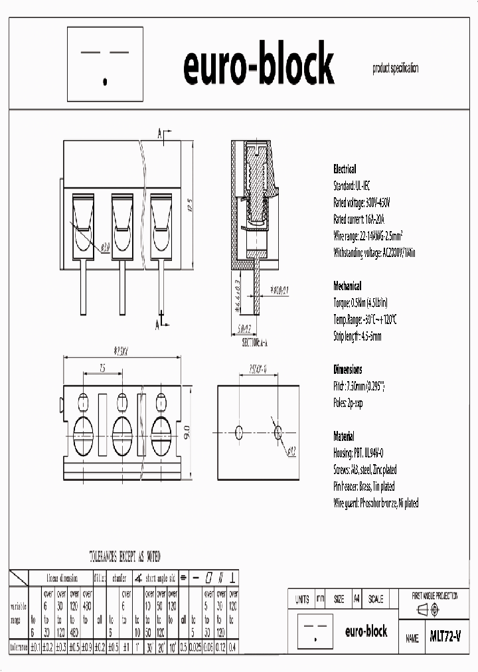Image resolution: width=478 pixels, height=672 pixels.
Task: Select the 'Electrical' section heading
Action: pyautogui.click(x=344, y=169)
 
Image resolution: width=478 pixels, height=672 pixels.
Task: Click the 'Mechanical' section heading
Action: pyautogui.click(x=347, y=286)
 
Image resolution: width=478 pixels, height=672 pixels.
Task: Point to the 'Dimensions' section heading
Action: pyautogui.click(x=347, y=370)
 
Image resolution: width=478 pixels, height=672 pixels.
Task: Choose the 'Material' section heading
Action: pyautogui.click(x=345, y=436)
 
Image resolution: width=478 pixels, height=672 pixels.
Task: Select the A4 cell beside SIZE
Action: pyautogui.click(x=357, y=599)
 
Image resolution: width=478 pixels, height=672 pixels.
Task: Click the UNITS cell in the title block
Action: pyautogui.click(x=301, y=599)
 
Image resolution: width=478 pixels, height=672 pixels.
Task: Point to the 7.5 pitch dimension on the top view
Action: pyautogui.click(x=102, y=367)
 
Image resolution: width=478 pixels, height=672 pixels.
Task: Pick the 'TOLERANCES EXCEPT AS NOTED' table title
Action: pyautogui.click(x=124, y=557)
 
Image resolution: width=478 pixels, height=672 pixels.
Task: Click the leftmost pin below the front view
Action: pyautogui.click(x=84, y=289)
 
